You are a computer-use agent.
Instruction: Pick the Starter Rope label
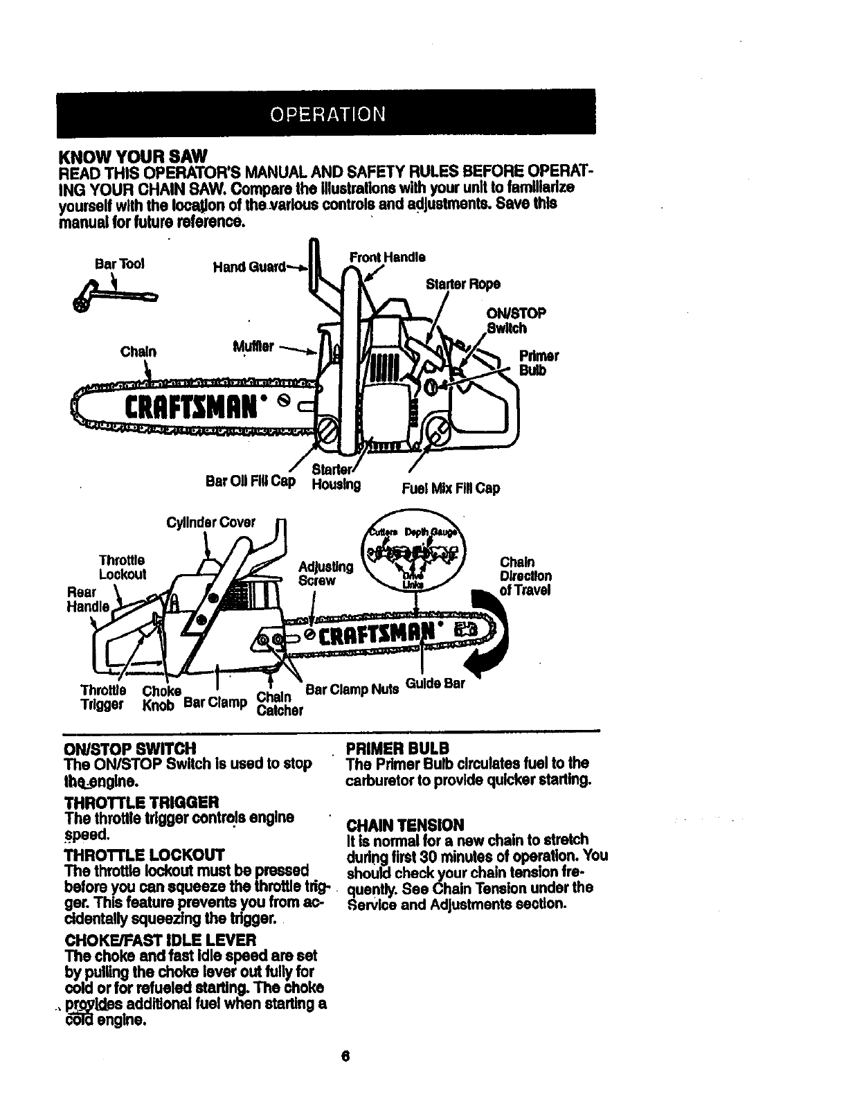pos(463,285)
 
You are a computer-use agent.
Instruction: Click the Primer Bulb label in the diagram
pos(539,364)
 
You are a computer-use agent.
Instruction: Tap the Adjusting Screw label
pos(325,574)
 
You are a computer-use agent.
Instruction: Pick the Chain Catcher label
pos(280,702)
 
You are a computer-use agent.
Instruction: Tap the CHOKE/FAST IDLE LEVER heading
pos(160,940)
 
